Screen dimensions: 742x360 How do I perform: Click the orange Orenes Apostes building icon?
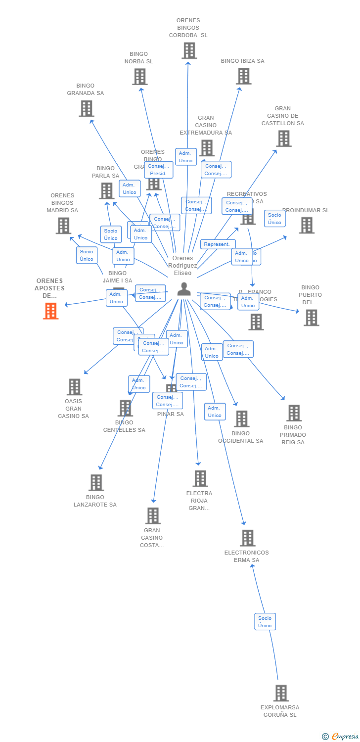[x=50, y=311]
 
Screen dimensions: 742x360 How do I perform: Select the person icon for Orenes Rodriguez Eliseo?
[x=184, y=289]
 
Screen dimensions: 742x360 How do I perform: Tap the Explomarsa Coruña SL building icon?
[x=281, y=693]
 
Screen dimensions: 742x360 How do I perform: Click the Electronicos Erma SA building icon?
[x=247, y=538]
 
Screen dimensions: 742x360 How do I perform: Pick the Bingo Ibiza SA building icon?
[x=243, y=76]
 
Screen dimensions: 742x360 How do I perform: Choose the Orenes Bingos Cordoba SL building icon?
[x=189, y=50]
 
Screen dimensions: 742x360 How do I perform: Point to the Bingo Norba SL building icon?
[x=139, y=77]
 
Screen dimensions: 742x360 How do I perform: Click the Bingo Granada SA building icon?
[x=86, y=108]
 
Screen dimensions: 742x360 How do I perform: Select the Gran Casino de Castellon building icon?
[x=283, y=139]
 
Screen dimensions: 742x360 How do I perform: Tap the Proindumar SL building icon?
[x=306, y=225]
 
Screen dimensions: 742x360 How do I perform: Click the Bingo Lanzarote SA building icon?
[x=95, y=482]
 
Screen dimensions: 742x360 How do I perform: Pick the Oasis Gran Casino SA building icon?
[x=74, y=387]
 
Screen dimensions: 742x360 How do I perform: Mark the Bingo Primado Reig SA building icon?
[x=294, y=413]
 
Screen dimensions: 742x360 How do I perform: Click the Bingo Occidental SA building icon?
[x=241, y=418]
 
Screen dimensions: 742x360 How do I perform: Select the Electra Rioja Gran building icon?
[x=200, y=478]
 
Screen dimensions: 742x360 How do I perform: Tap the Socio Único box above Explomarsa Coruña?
[x=265, y=621]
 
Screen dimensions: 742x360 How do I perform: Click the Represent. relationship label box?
[x=217, y=244]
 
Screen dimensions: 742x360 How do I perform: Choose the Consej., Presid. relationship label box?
[x=158, y=170]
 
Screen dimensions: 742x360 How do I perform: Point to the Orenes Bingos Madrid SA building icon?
[x=63, y=226]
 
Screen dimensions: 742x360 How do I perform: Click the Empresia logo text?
[x=345, y=737]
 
